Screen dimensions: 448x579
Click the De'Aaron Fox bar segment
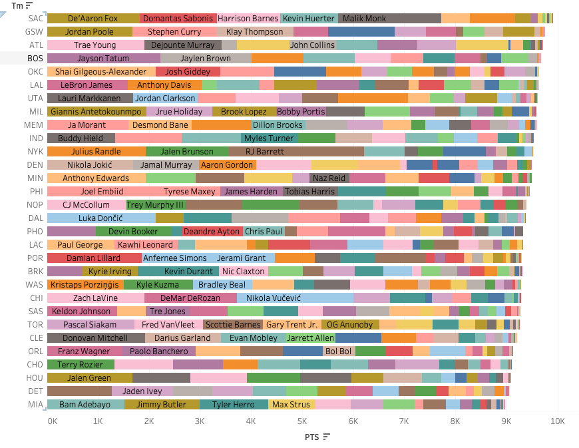coord(93,18)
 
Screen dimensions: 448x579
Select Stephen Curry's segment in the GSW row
coord(174,31)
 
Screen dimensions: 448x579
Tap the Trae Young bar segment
coord(95,45)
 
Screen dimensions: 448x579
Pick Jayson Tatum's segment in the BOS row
coord(103,58)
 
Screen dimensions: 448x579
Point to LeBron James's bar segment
coord(87,85)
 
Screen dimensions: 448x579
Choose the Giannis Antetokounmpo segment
coord(96,111)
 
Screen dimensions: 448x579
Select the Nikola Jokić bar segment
coord(90,164)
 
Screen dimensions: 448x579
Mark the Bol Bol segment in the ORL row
coord(338,351)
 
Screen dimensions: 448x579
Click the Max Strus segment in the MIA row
coord(290,404)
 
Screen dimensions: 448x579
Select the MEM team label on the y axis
coord(36,124)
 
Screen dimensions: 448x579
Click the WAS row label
coord(36,284)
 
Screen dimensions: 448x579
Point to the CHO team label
coord(36,364)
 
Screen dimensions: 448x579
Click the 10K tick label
coord(557,421)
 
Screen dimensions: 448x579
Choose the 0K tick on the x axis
coord(53,421)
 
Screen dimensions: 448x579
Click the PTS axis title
coord(312,437)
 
